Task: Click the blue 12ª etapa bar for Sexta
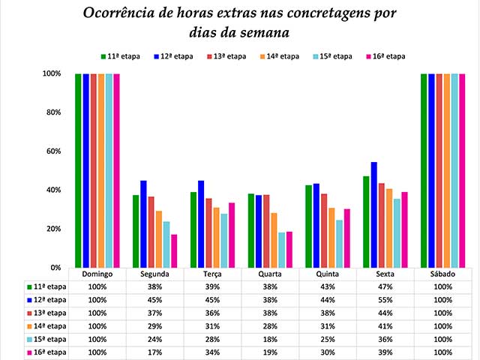click(x=374, y=214)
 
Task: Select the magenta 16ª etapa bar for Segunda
click(x=174, y=250)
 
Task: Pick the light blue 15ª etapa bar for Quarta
click(x=282, y=250)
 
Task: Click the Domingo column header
click(x=97, y=274)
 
